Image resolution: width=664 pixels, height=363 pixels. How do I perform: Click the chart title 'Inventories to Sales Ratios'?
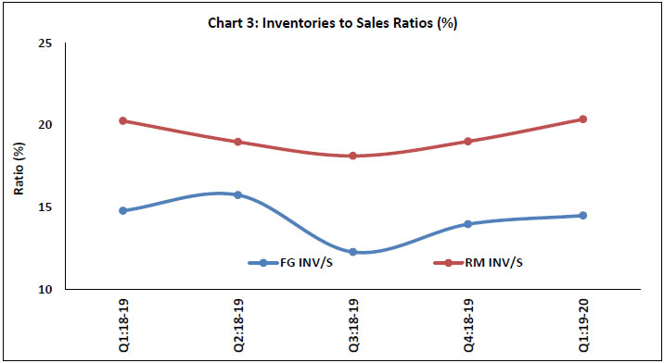(332, 23)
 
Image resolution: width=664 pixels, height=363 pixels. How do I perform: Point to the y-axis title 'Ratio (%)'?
(18, 167)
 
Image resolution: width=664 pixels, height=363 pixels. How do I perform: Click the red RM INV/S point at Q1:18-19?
(122, 120)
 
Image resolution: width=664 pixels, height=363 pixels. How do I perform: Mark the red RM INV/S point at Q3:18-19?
(352, 156)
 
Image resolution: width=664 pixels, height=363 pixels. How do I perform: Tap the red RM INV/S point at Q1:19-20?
(582, 119)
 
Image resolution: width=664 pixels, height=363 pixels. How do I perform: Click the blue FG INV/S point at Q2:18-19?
(237, 194)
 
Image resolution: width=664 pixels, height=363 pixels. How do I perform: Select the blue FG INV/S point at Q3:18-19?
(352, 252)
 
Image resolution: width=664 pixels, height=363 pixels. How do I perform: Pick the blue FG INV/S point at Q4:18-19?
(467, 224)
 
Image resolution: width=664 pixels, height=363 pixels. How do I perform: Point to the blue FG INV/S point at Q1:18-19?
(122, 210)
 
